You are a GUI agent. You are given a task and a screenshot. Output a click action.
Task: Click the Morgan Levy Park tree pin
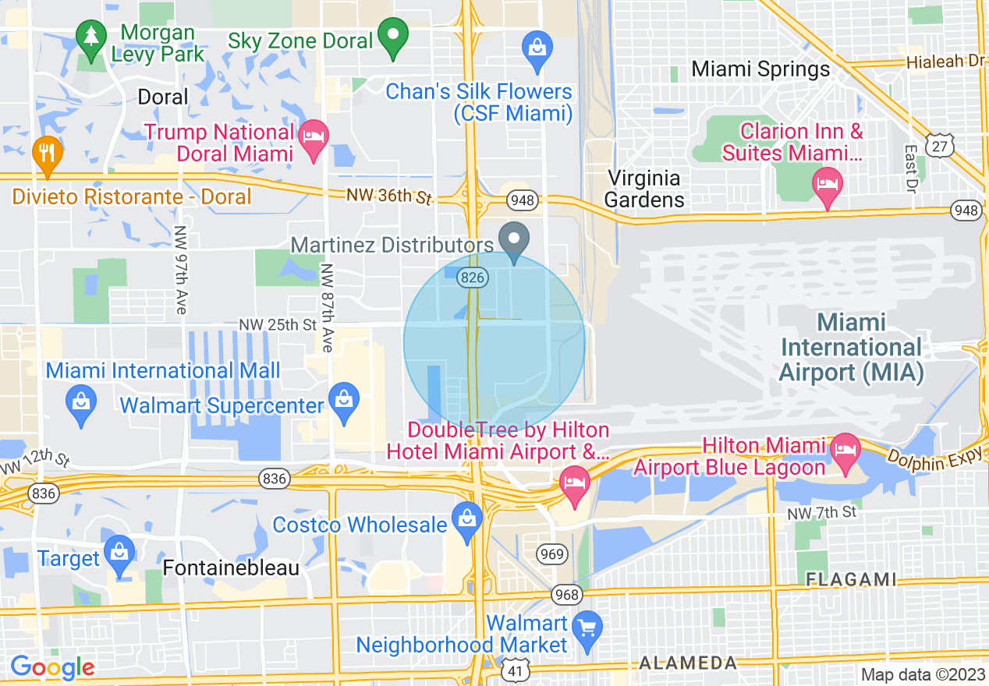tap(92, 40)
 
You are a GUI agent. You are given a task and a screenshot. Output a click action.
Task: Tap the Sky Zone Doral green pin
tap(393, 36)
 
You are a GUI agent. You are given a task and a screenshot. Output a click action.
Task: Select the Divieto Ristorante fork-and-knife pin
tap(48, 154)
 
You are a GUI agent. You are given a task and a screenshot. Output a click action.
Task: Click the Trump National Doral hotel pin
tap(314, 138)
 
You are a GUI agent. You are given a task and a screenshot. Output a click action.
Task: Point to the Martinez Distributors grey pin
tap(514, 239)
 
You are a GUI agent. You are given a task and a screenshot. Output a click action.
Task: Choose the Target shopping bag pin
tap(119, 553)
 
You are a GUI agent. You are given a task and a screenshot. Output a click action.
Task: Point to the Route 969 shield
tap(551, 554)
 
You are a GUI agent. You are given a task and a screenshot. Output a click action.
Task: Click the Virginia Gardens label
tap(644, 189)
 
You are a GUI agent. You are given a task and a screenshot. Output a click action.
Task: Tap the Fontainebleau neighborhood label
tap(231, 568)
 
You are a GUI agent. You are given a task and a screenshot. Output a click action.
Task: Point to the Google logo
tap(52, 667)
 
